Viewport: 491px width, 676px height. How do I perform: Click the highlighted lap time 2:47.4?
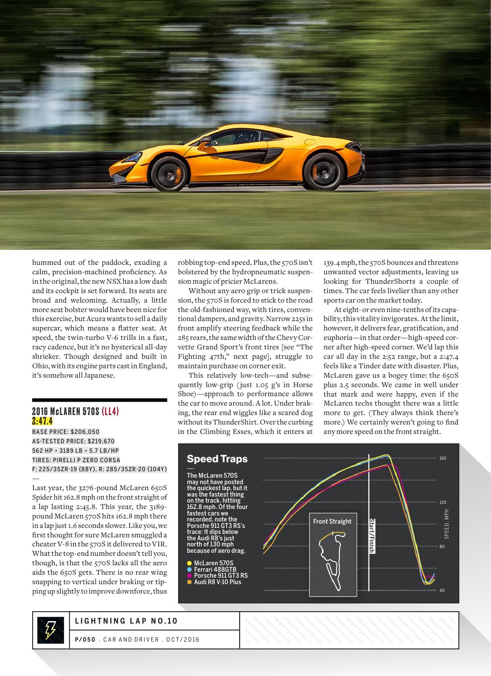coord(42,421)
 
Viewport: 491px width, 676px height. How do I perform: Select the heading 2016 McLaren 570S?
coord(66,412)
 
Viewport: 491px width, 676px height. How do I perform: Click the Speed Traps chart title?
coord(217,459)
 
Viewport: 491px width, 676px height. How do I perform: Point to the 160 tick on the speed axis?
coord(443,458)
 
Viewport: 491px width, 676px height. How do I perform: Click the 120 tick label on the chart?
coord(443,502)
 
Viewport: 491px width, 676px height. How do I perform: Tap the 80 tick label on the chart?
coord(443,546)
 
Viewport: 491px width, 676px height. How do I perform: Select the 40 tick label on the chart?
coord(443,590)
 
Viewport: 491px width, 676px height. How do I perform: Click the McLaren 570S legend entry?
coord(213,563)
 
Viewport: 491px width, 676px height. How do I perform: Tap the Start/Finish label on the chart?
coord(372,536)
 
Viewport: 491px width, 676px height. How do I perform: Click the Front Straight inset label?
coord(332,521)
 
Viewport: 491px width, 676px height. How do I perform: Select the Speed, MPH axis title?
coord(446,524)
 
